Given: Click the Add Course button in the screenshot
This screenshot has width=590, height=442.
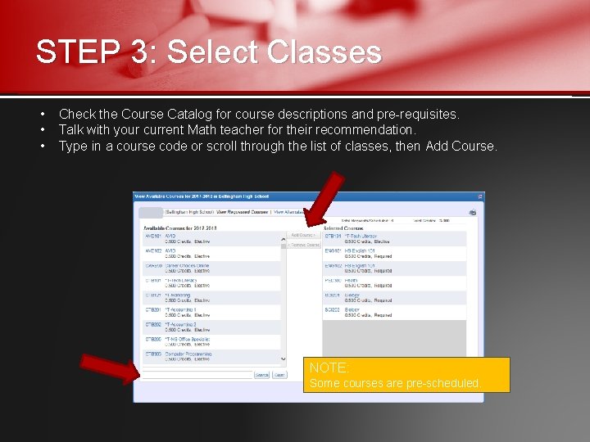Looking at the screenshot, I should click(302, 235).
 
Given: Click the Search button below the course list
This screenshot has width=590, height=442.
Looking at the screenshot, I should click(261, 375).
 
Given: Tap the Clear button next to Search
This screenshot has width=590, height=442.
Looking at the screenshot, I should click(279, 375).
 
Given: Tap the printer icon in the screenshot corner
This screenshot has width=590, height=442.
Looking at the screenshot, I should click(473, 212).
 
